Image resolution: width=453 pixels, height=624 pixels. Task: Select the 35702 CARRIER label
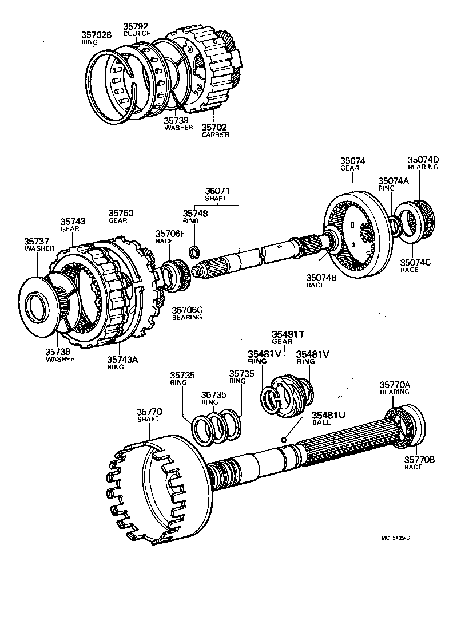(215, 131)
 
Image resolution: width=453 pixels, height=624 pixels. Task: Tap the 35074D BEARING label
(423, 163)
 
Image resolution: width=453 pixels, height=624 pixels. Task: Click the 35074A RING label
(393, 184)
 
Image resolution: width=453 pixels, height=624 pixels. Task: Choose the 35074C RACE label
(416, 266)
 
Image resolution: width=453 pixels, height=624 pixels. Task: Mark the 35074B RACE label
(316, 281)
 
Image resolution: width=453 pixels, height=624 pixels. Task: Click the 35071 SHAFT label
(216, 194)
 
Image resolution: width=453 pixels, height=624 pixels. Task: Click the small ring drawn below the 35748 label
(195, 250)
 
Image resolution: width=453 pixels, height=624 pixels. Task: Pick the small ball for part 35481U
(283, 440)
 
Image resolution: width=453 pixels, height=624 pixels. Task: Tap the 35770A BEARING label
(395, 388)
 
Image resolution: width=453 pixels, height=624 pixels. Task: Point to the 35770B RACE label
(420, 463)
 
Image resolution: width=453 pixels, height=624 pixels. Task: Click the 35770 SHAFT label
(149, 415)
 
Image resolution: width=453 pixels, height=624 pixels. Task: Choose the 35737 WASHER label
(39, 245)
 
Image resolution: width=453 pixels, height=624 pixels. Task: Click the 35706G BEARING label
(188, 313)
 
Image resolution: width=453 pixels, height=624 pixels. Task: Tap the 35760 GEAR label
(121, 216)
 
